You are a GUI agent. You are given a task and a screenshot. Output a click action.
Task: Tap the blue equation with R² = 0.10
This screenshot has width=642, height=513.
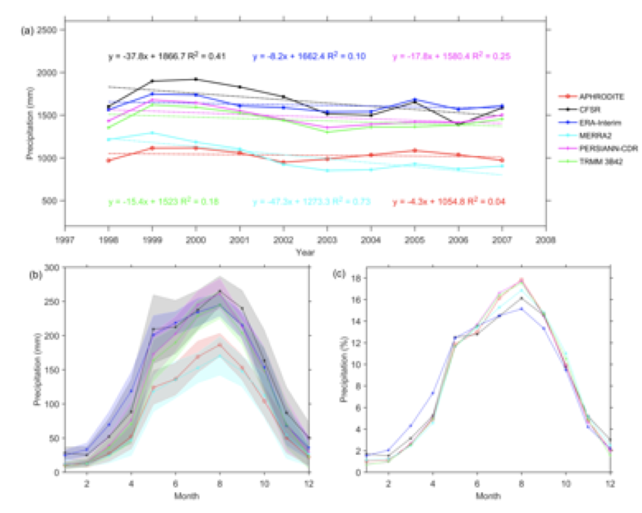tap(307, 56)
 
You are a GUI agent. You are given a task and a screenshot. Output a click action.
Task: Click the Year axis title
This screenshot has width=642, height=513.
tap(306, 251)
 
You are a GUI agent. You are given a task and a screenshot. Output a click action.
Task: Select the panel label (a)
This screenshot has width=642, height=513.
tap(28, 29)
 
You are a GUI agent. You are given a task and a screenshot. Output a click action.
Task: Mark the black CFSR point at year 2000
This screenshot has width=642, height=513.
tap(196, 79)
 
